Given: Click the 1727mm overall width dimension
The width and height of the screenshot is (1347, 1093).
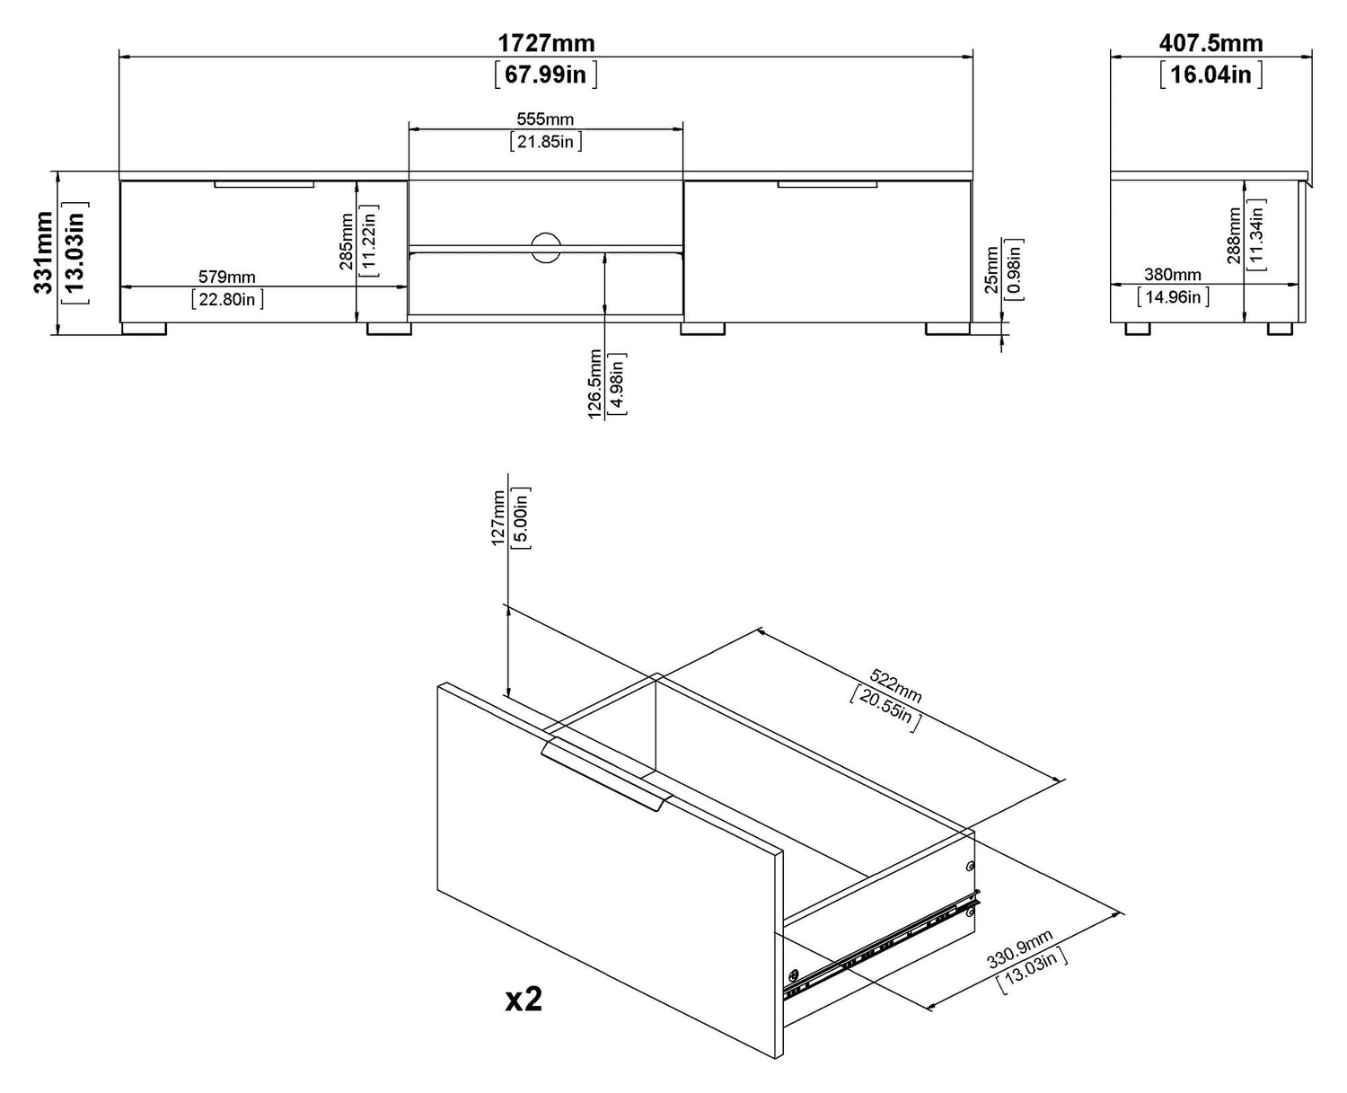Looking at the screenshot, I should click(x=546, y=42).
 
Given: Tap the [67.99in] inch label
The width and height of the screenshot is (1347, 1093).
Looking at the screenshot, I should click(x=546, y=74).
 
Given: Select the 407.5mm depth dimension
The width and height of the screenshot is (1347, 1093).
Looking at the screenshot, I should click(x=1211, y=42).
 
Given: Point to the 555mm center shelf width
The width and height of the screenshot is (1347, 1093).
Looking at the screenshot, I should click(x=545, y=119).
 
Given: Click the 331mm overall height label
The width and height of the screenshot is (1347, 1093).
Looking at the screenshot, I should click(x=43, y=252).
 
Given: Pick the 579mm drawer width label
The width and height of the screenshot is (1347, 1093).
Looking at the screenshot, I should click(x=227, y=277).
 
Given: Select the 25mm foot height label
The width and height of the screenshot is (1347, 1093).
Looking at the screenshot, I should click(x=990, y=270).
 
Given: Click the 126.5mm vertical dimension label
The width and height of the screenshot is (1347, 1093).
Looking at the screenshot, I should click(x=594, y=384).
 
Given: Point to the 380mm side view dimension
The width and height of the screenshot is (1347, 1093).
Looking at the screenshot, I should click(x=1172, y=275).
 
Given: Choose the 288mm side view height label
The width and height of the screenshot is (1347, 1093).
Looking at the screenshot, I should click(x=1234, y=235).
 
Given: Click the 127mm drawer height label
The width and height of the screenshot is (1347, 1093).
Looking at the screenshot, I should click(x=498, y=518).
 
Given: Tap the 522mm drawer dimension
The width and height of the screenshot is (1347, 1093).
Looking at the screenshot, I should click(x=895, y=686).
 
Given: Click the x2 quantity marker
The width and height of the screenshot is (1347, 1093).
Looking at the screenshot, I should click(x=524, y=999).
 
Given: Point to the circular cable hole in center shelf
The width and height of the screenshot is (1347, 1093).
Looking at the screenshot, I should click(x=545, y=248).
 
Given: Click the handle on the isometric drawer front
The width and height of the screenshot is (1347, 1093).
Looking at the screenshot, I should click(x=605, y=773).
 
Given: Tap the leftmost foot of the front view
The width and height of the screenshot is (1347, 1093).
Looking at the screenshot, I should click(x=145, y=329).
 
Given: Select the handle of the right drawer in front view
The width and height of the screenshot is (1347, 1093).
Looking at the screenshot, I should click(x=827, y=185).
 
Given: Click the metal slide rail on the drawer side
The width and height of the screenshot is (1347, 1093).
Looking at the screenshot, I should click(x=880, y=946).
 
